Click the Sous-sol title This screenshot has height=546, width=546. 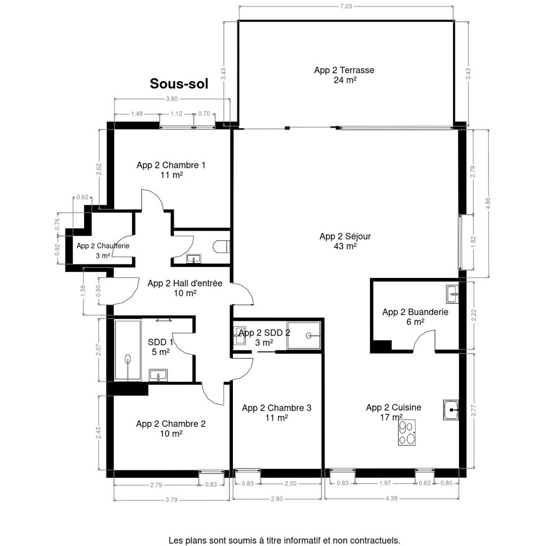pos(179,84)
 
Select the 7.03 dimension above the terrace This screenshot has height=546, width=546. pos(346,6)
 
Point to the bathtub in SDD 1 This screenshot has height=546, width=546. pos(128,350)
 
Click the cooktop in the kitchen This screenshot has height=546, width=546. pos(407,432)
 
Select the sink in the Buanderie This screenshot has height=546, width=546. pos(452,294)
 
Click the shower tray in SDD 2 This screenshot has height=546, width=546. pos(304,335)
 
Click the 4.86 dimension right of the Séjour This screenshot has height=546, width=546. pos(488,203)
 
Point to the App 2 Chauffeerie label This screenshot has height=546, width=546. pos(103,246)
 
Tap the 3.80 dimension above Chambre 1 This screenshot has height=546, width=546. pos(172,99)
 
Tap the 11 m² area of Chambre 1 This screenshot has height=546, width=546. pos(172,175)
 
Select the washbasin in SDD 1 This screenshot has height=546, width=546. pos(158,375)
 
